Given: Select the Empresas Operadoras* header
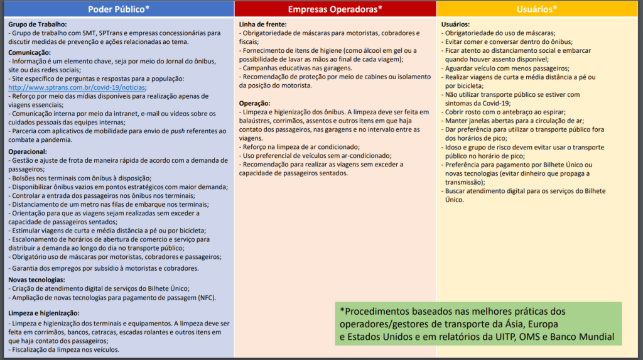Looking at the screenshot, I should pos(335,9).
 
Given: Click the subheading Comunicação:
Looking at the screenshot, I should pos(30,52).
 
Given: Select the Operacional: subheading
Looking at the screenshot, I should pos(28,151).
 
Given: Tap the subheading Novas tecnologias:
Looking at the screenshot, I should pos(36,279).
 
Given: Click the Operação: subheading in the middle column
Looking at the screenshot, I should pos(255,103).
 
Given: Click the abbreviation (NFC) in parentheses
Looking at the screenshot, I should pos(207,297).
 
